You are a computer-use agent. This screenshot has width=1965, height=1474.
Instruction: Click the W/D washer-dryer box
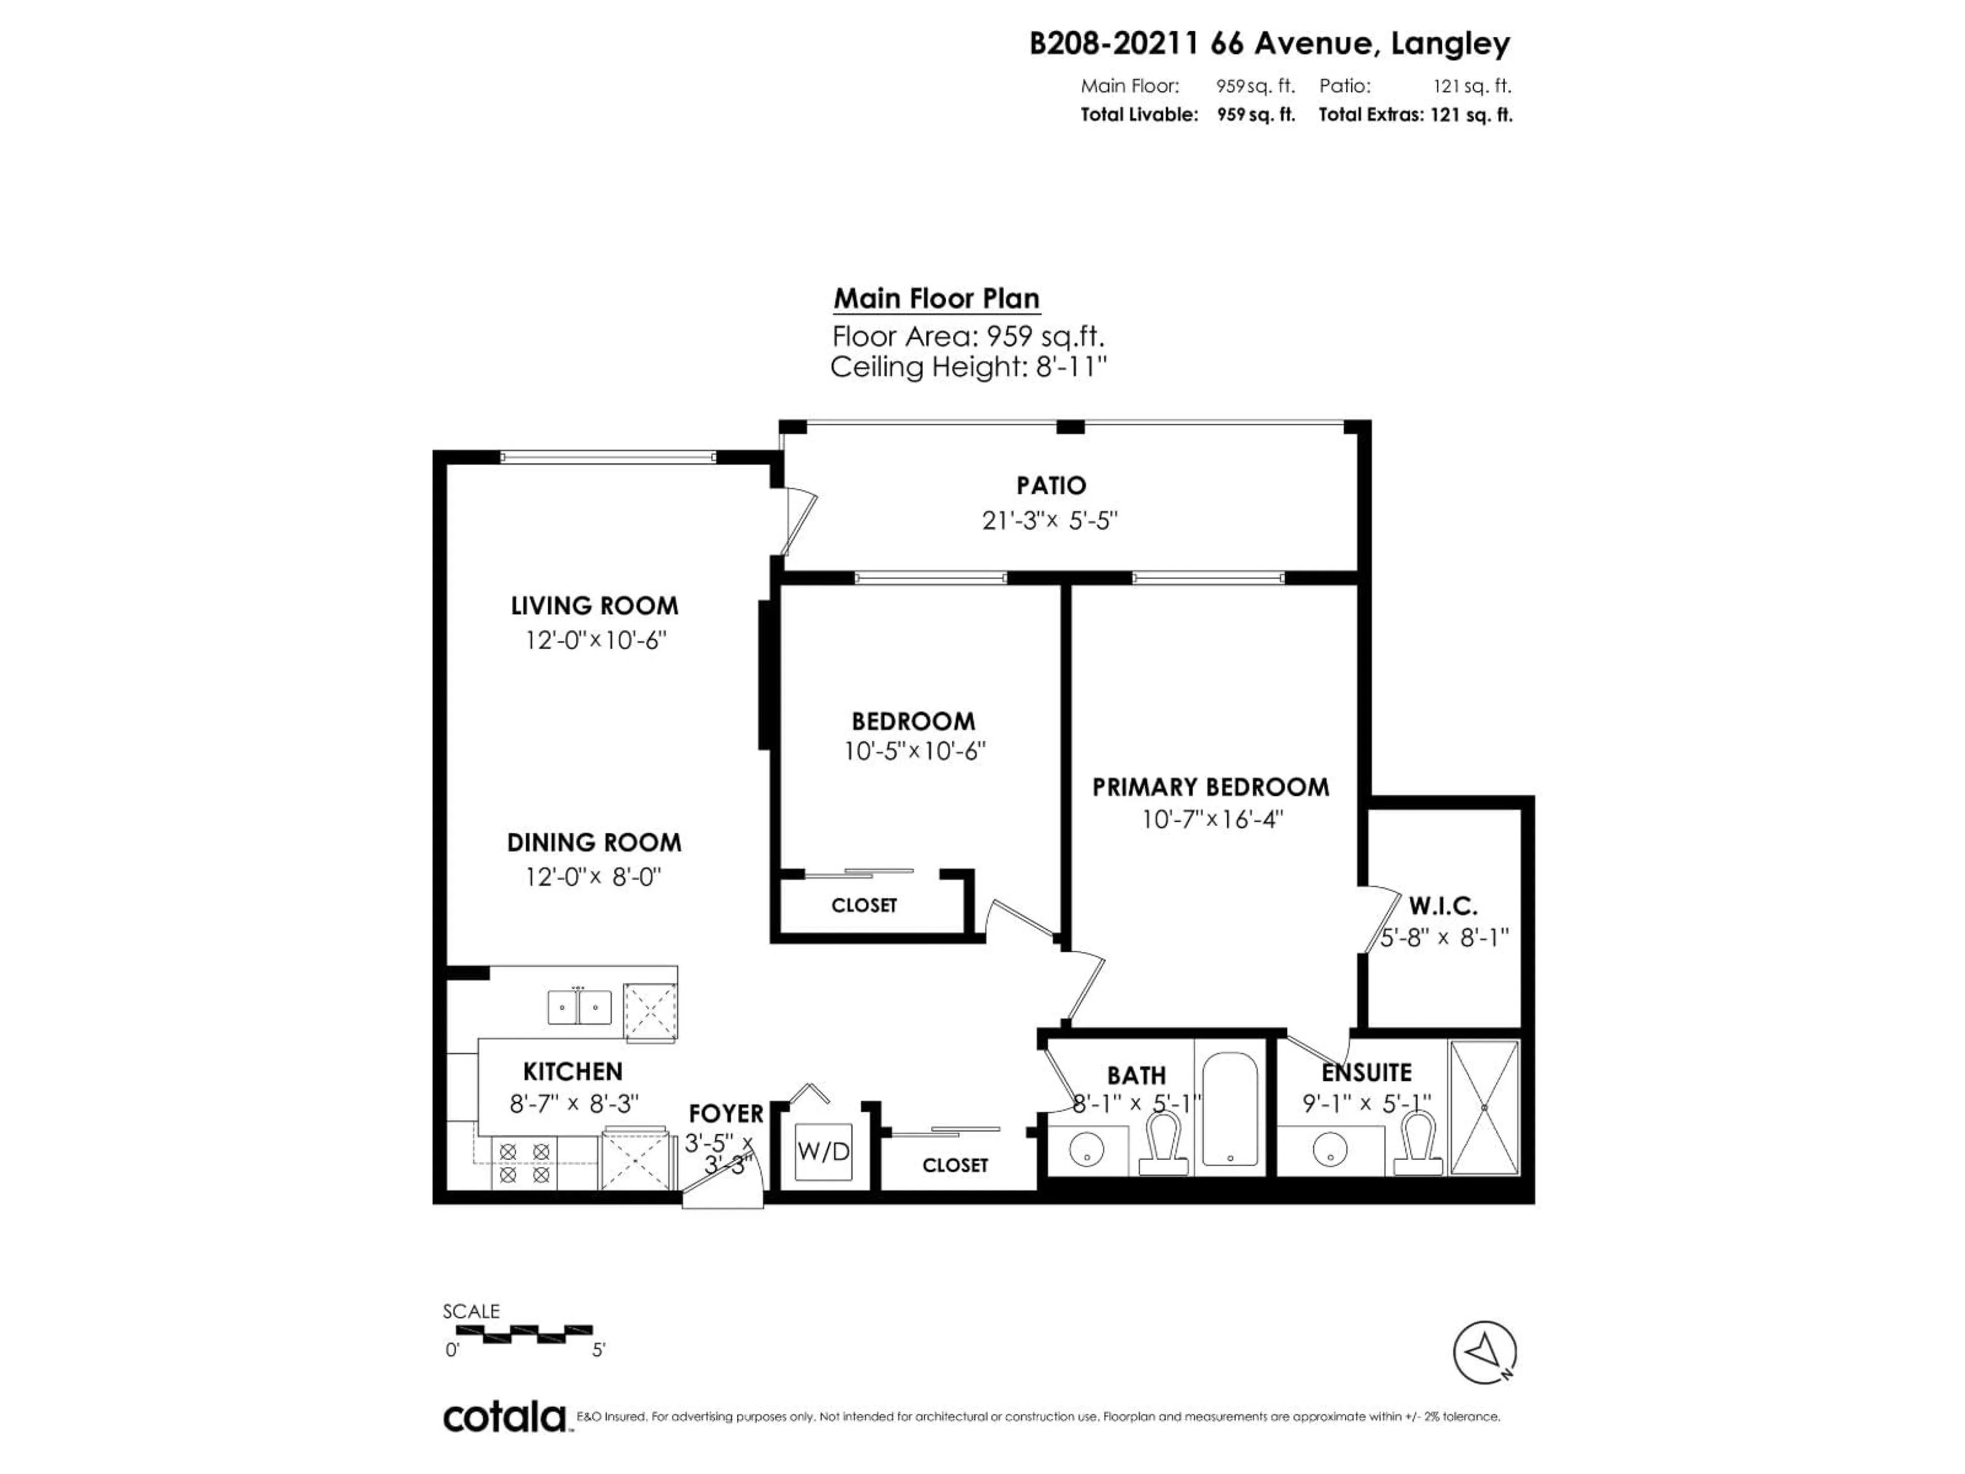pos(823,1152)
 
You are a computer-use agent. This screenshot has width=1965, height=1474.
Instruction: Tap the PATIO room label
pos(1051,486)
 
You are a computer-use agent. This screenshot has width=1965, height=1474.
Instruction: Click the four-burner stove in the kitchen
pos(524,1163)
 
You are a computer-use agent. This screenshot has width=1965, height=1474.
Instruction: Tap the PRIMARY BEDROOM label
pos(1210,787)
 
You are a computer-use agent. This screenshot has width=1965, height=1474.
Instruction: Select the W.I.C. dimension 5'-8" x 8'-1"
pos(1445,937)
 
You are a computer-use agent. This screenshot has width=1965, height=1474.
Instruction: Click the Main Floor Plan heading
pos(936,298)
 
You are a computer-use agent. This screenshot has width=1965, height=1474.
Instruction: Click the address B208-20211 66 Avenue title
pos(1269,42)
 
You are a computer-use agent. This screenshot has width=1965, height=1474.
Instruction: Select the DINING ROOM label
pos(594,842)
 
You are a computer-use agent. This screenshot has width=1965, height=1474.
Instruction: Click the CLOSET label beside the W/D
pos(955,1165)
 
